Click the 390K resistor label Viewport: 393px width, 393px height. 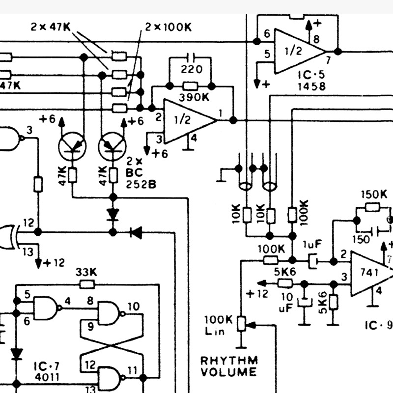(194, 97)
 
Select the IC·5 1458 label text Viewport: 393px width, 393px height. (311, 81)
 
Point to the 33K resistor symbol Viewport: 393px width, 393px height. (87, 284)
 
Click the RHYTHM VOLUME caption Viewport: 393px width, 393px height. (229, 366)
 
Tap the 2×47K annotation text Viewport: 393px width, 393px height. (51, 27)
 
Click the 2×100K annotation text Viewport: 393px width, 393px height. (168, 27)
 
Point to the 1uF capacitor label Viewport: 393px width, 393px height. (312, 244)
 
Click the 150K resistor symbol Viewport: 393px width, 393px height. (372, 207)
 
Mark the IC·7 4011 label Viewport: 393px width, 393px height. (47, 372)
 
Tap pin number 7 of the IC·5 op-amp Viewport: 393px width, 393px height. (328, 60)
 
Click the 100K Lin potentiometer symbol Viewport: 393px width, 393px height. (241, 324)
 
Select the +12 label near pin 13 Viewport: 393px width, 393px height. (54, 263)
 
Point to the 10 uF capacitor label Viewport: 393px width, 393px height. (286, 303)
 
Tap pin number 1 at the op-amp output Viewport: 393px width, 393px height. (221, 113)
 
